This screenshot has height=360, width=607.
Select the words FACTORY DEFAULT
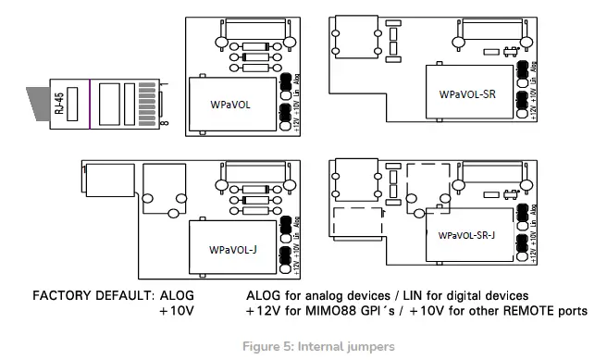90,295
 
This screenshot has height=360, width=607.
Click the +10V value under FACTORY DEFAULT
176,311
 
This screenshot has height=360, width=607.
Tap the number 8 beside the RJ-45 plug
165,120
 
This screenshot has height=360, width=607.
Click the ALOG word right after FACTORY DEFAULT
178,295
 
